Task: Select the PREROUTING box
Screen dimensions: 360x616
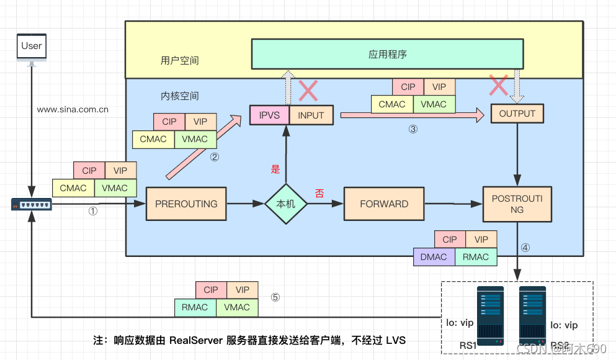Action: (186, 204)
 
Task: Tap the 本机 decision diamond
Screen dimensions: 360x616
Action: (286, 204)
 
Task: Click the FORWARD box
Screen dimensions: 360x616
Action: (384, 204)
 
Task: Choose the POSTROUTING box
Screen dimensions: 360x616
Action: (517, 204)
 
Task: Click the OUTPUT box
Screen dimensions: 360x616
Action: (517, 114)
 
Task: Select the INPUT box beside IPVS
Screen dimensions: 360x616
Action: (311, 115)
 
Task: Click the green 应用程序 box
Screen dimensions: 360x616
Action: (387, 54)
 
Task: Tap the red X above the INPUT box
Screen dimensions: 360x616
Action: (308, 91)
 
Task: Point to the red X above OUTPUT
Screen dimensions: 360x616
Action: (498, 86)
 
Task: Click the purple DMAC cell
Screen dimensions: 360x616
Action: (434, 257)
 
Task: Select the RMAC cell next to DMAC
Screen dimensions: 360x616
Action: (476, 257)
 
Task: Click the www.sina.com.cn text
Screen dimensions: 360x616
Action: (73, 109)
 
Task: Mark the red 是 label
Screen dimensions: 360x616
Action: (275, 169)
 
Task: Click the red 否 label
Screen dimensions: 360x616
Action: (319, 194)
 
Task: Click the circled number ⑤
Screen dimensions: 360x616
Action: (275, 297)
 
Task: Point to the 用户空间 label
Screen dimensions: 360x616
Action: (179, 60)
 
